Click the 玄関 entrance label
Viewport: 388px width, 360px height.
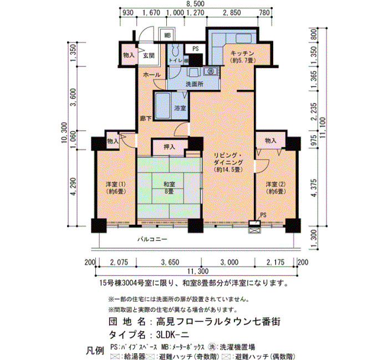[149, 55]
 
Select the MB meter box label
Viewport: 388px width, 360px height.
[167, 35]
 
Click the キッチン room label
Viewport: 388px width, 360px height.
[243, 53]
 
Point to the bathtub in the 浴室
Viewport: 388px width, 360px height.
[162, 106]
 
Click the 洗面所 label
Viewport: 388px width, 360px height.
[195, 84]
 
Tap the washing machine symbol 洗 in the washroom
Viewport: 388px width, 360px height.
[211, 71]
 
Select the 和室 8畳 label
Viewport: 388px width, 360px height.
[170, 188]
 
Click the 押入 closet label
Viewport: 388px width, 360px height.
[170, 147]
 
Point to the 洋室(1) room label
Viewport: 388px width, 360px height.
[116, 188]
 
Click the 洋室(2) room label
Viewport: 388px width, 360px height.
[275, 188]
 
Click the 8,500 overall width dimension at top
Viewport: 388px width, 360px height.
[196, 4]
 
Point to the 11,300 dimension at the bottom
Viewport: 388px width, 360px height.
[198, 271]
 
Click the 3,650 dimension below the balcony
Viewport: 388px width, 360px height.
[170, 262]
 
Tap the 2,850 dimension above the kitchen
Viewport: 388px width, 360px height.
[232, 13]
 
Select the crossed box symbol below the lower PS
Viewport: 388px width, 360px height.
[254, 231]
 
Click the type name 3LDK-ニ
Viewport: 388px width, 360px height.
[173, 335]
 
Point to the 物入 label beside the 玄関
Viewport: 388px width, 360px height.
[129, 55]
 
